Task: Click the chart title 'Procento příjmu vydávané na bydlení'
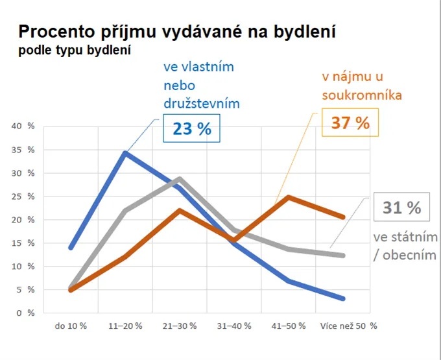(176, 32)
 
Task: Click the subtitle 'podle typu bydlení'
(75, 51)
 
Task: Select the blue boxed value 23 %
(192, 128)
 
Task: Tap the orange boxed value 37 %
(350, 122)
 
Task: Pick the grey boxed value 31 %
(401, 208)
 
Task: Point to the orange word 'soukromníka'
(362, 95)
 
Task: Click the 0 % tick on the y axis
(26, 313)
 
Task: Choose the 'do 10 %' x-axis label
(71, 325)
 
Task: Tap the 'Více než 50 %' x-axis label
(348, 325)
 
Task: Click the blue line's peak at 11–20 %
(125, 153)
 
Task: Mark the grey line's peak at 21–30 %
(180, 179)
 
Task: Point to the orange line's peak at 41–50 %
(288, 197)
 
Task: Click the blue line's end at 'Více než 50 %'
(342, 298)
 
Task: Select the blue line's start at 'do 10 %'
(71, 247)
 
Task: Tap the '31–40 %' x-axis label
(233, 325)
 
